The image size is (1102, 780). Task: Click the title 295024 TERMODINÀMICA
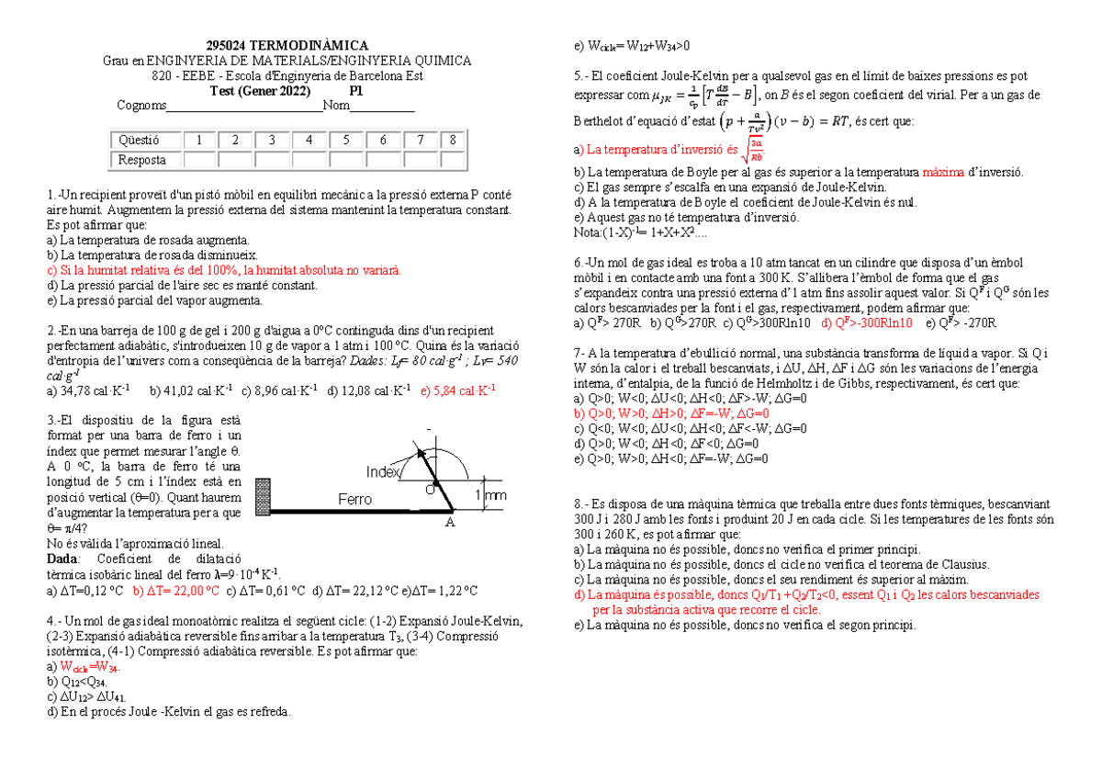(x=286, y=46)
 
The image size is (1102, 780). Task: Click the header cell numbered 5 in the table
(x=345, y=141)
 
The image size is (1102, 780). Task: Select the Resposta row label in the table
(x=141, y=160)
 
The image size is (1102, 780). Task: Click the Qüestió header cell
(x=141, y=141)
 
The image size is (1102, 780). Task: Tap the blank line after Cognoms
(x=245, y=107)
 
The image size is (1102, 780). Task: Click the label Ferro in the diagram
(x=354, y=499)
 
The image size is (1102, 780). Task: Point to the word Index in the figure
(x=384, y=472)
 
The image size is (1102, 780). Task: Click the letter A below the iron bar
(x=450, y=522)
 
